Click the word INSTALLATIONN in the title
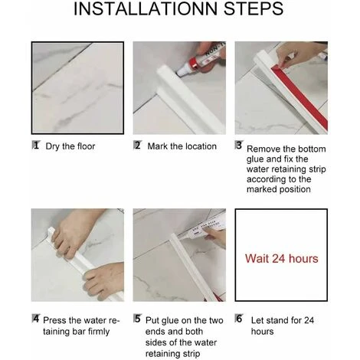pos(146,8)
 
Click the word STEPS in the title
pos(254,8)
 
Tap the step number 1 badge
pos(36,146)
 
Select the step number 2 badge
pos(138,146)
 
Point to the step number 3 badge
pos(239,145)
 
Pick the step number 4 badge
pos(36,319)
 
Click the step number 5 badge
pos(138,319)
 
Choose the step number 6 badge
pos(239,319)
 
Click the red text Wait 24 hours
pos(282,258)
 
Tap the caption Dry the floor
pos(70,146)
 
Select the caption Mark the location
pos(182,146)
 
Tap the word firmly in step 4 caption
pos(99,332)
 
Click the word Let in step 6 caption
pos(257,320)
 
